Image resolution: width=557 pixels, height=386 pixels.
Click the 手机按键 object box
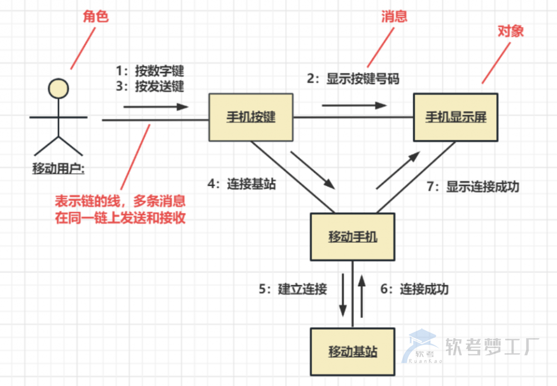(x=251, y=117)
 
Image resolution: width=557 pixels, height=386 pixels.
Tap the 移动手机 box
(x=353, y=237)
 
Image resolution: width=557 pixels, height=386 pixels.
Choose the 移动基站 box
(x=353, y=351)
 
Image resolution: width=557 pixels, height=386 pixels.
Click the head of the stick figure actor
(x=58, y=88)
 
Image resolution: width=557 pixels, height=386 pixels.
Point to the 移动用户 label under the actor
(x=58, y=168)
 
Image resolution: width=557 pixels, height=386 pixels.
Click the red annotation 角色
(x=96, y=17)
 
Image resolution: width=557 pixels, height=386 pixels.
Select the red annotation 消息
(x=395, y=16)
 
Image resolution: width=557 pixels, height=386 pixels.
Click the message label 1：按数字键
(x=150, y=71)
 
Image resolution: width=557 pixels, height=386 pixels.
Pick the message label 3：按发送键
(x=150, y=86)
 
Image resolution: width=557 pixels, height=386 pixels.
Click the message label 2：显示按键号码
(x=354, y=79)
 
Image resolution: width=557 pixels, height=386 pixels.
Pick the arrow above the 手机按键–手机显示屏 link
(x=354, y=105)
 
